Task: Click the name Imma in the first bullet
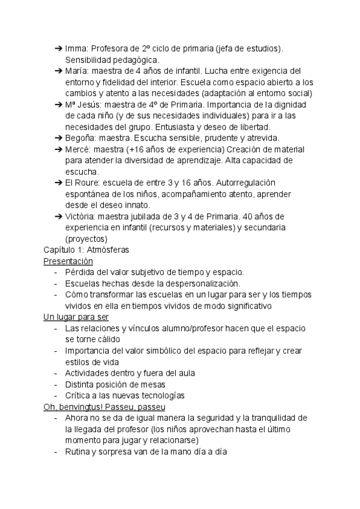coord(75,49)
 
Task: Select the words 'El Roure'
coord(81,182)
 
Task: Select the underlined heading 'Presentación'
coord(68,261)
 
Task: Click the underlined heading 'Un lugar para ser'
coord(76,317)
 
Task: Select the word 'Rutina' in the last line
coord(77,451)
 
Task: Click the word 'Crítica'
coord(79,396)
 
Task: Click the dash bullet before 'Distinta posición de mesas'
coord(56,384)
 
